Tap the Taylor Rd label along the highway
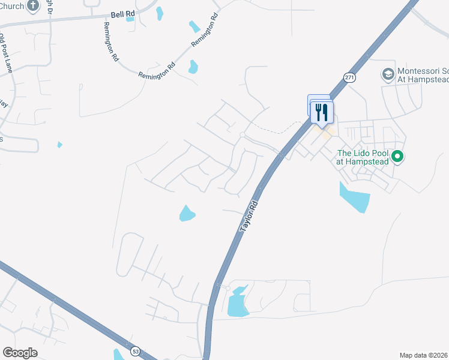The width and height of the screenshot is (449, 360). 249,217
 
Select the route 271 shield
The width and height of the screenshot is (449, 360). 349,77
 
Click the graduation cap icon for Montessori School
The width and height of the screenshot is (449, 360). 388,74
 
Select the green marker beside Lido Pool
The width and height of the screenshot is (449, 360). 397,157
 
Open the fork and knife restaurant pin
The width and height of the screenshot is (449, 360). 322,112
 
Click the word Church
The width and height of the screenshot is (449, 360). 12,6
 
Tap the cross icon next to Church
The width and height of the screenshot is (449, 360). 32,6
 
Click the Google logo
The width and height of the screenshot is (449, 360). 20,352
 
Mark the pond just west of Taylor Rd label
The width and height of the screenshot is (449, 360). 187,213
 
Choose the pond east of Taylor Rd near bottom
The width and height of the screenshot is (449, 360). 238,303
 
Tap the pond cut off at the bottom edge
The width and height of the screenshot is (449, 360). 118,354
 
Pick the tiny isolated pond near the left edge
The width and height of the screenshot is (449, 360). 59,145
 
